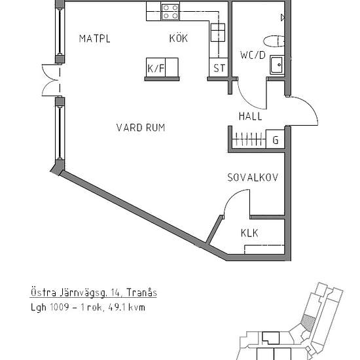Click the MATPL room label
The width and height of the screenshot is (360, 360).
(95, 39)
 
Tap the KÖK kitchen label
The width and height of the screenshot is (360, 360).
(179, 38)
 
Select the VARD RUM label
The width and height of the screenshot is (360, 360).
(141, 128)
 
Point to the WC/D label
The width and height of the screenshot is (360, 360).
(253, 55)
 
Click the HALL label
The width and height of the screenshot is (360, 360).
(250, 117)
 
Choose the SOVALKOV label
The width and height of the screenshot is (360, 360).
(253, 177)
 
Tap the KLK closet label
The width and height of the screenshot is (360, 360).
(249, 233)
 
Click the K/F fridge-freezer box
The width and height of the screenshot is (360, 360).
(162, 67)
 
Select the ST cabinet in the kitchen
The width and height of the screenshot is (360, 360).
(219, 67)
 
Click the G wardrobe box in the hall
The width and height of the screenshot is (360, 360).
(276, 139)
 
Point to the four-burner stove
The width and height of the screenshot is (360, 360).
(170, 12)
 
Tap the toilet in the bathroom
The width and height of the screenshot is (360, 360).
(274, 42)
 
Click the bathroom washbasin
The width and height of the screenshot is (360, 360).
(277, 65)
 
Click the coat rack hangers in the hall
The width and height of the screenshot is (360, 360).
(249, 139)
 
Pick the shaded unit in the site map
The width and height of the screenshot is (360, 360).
(308, 323)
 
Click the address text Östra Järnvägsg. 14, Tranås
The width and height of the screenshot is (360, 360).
(94, 293)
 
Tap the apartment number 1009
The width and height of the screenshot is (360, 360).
(60, 307)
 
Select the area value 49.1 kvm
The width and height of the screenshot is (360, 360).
(126, 307)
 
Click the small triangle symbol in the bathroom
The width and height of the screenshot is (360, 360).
(283, 18)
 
